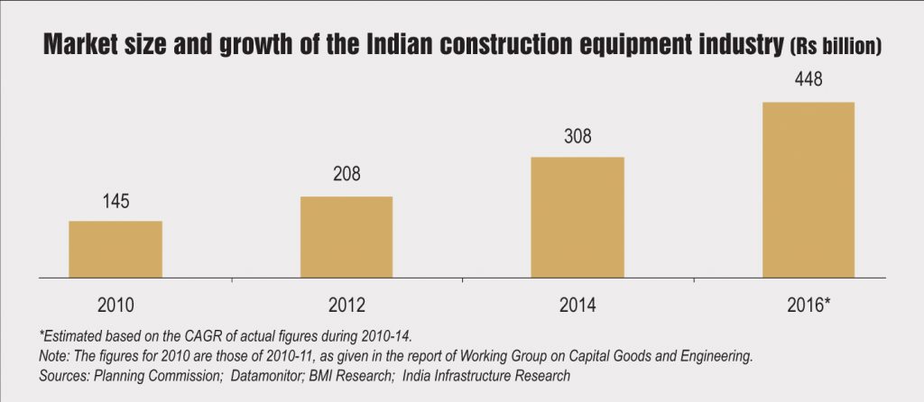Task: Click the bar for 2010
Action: (x=115, y=250)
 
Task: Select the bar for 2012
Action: (x=346, y=237)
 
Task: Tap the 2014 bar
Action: (x=577, y=217)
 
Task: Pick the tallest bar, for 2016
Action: (x=808, y=190)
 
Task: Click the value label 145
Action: (x=115, y=201)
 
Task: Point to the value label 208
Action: (x=346, y=177)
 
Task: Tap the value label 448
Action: (x=808, y=82)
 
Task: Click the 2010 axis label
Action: (x=115, y=304)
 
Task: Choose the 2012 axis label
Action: (x=346, y=304)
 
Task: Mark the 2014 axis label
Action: (x=577, y=304)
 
